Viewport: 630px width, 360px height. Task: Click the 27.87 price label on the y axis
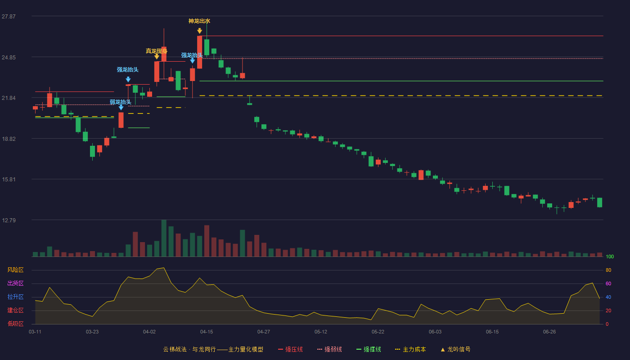[x=9, y=17]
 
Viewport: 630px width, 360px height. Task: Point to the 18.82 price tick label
[x=9, y=139]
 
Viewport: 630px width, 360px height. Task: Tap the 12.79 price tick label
[x=9, y=220]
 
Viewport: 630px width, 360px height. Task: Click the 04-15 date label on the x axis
[x=207, y=332]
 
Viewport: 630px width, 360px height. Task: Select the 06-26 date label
[x=549, y=332]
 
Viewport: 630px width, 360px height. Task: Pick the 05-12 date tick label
[x=320, y=332]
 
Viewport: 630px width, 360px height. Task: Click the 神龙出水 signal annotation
[x=199, y=21]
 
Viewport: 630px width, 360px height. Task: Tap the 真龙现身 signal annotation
[x=157, y=51]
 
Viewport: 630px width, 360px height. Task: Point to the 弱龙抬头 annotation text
[x=121, y=102]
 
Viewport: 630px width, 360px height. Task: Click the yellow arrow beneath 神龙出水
[x=199, y=31]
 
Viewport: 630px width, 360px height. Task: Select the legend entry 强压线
[x=290, y=349]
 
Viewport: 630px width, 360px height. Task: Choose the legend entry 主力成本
[x=410, y=349]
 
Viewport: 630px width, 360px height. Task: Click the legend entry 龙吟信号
[x=455, y=349]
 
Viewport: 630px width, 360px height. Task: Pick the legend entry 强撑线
[x=369, y=349]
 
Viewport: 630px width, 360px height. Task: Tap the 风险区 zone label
[x=15, y=270]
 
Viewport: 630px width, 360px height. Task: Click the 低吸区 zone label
[x=15, y=324]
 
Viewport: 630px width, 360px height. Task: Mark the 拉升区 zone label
[x=15, y=297]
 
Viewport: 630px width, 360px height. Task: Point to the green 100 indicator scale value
[x=610, y=256]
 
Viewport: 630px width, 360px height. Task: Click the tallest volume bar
[x=164, y=238]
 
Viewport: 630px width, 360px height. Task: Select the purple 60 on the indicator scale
[x=608, y=283]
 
